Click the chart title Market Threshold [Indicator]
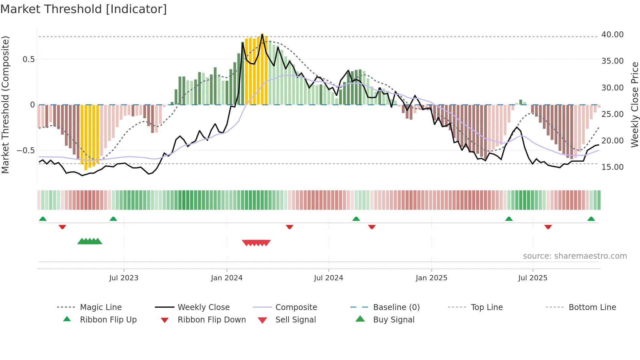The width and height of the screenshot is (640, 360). coord(84,9)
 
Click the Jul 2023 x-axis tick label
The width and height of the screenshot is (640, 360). coord(124,278)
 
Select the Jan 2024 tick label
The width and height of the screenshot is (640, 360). coord(227,278)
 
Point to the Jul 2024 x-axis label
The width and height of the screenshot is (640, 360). coord(328,278)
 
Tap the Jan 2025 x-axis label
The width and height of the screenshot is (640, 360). coord(431,278)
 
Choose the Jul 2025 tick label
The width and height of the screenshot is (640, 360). coord(533,278)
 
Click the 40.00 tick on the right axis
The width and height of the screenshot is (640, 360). coord(612,35)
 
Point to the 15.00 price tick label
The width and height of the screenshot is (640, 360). coord(612,167)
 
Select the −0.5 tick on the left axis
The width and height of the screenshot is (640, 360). coord(25,151)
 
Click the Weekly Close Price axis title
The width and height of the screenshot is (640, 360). coord(634,105)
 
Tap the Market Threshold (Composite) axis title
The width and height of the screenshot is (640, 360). coord(5,105)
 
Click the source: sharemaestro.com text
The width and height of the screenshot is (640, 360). coord(575,256)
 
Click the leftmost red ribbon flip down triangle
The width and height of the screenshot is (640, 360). coord(62,227)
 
